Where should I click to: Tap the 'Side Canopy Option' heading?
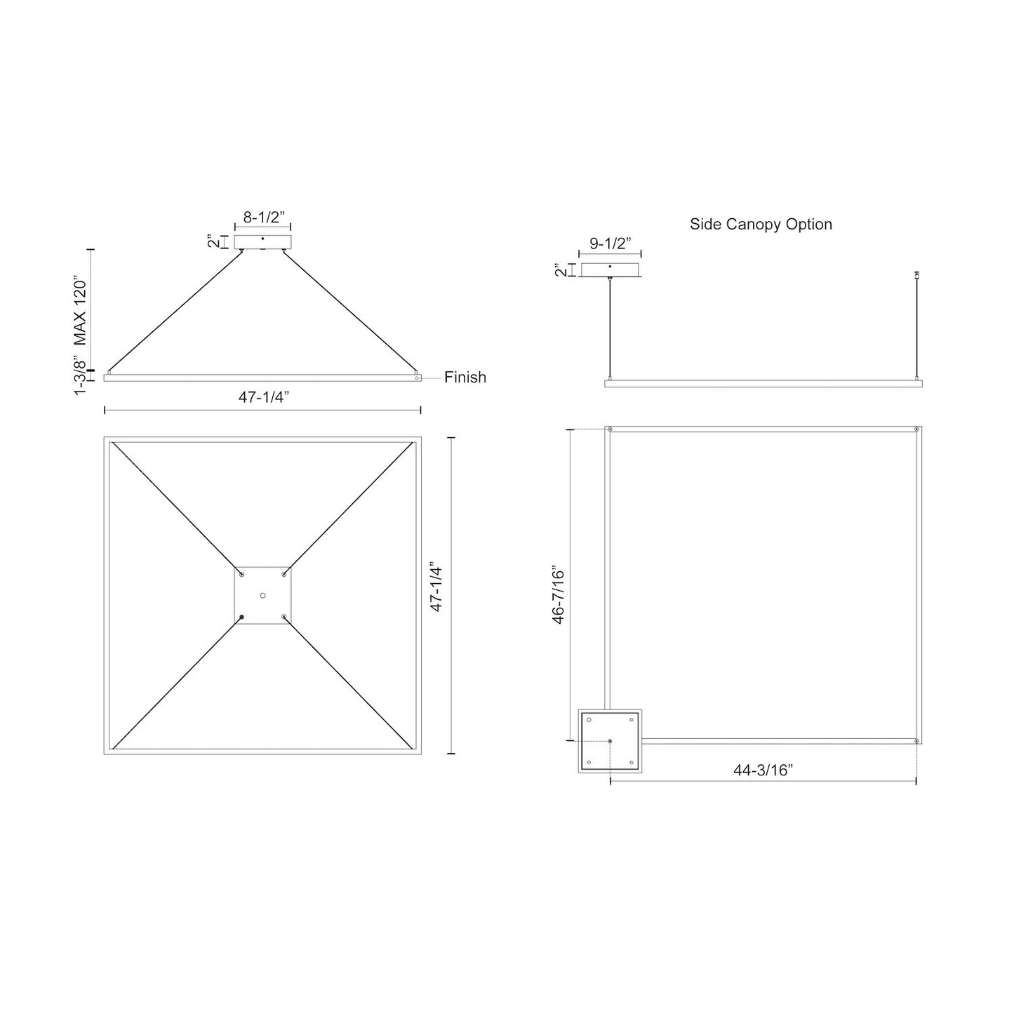point(761,225)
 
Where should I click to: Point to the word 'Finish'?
point(465,378)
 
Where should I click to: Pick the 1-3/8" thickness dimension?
point(81,377)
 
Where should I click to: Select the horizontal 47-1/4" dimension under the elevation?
point(264,396)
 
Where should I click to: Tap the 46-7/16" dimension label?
point(558,594)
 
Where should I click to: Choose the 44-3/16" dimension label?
point(763,770)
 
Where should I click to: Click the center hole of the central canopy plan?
point(262,595)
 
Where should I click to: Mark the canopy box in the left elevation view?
point(262,242)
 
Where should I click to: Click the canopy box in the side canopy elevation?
point(610,270)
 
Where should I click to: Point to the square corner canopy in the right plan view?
point(609,741)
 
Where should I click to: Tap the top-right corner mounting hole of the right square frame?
point(916,429)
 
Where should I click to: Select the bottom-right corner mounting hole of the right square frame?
point(916,741)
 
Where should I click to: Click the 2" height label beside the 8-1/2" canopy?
point(211,242)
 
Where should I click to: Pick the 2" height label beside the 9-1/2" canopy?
point(559,270)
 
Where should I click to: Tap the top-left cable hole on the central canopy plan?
point(241,574)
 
